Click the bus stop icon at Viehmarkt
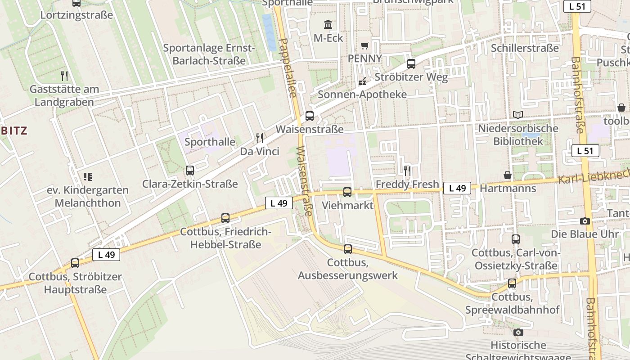(347, 192)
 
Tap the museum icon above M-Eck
(328, 24)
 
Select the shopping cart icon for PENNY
(364, 45)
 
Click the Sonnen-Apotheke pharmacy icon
(362, 81)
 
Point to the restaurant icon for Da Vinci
(259, 138)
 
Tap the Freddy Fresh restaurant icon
(407, 171)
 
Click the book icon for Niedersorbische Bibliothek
(518, 115)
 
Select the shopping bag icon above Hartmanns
(508, 175)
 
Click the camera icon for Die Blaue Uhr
(585, 221)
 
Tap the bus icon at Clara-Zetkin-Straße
(190, 171)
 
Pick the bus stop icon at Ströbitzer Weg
(411, 64)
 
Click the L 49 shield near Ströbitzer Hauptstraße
(106, 255)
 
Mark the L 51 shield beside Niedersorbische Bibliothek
(585, 151)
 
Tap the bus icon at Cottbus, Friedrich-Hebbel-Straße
(225, 218)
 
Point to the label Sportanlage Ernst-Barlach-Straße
(209, 54)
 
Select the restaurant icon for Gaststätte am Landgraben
(64, 76)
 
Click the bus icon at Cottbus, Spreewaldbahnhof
(512, 283)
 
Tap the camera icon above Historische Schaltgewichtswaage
(518, 332)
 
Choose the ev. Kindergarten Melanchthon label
(88, 196)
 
